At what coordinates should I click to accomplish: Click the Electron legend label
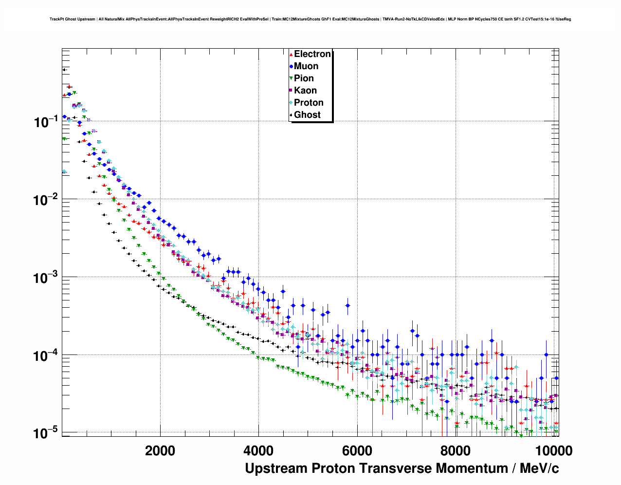312,54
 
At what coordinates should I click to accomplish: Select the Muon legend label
306,66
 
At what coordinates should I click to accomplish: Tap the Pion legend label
304,78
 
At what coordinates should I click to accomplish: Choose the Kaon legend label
305,91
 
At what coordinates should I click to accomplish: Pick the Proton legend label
309,103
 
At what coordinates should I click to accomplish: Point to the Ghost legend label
307,115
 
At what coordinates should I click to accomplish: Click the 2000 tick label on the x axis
160,450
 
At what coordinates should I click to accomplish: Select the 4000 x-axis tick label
258,450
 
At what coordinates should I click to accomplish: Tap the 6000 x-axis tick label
357,450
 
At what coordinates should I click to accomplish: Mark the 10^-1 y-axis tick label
46,122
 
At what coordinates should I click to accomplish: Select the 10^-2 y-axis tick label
46,200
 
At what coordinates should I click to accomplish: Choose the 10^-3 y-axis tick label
46,278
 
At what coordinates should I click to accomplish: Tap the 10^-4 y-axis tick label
46,355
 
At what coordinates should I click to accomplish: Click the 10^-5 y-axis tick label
46,433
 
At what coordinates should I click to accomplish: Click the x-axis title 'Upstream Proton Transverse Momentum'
402,468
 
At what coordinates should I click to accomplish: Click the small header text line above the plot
310,19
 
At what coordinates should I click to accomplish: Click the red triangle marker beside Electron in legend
291,55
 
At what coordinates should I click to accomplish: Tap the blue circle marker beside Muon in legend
291,67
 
